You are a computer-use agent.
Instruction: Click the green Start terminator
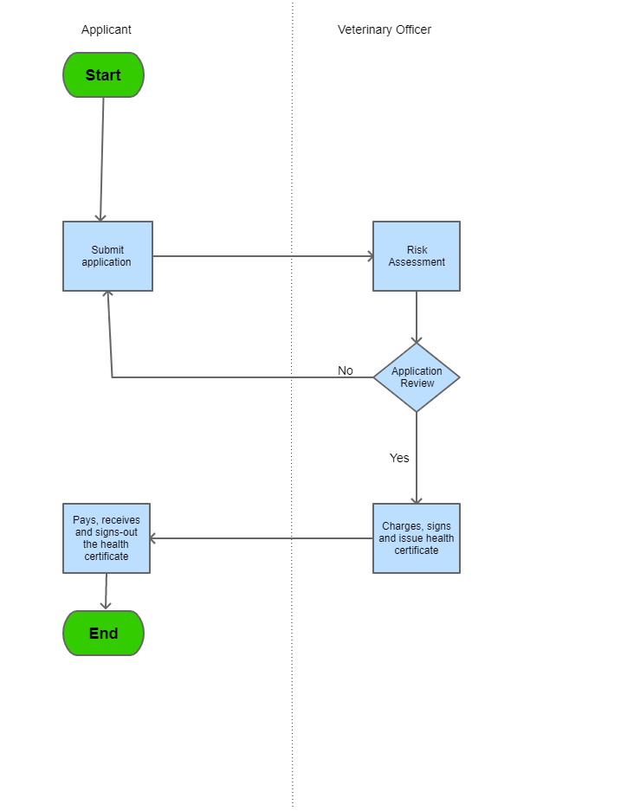(x=103, y=75)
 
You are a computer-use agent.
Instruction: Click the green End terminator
(x=103, y=634)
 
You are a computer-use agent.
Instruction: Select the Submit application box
(x=107, y=256)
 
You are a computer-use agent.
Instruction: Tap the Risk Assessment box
(x=417, y=256)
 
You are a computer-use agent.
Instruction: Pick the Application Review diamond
(x=417, y=377)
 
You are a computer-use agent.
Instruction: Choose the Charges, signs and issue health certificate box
(x=417, y=538)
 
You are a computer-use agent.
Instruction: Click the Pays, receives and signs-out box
(x=107, y=538)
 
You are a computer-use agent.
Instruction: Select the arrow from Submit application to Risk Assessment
(x=260, y=256)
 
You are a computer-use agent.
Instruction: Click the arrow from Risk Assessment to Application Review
(x=417, y=317)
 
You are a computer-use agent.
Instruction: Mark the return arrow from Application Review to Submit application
(x=242, y=377)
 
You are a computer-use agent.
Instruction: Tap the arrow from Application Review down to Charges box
(x=417, y=459)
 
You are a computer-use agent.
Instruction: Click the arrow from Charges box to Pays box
(x=260, y=538)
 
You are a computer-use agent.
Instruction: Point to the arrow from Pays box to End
(x=106, y=592)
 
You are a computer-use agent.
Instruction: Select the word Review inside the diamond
(x=417, y=383)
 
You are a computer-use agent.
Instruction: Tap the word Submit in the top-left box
(x=107, y=250)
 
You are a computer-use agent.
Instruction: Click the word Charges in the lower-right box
(x=403, y=526)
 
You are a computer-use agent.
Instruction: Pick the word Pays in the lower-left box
(x=84, y=520)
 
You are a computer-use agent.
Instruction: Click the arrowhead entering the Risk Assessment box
(x=370, y=256)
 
